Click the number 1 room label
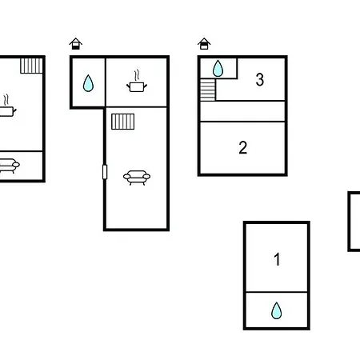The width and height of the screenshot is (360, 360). tap(277, 259)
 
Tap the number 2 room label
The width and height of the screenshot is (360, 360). tap(243, 147)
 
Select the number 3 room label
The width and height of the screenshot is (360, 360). tap(260, 79)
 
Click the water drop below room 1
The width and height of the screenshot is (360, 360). tap(277, 310)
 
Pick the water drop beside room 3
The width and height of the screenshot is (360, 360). tap(218, 69)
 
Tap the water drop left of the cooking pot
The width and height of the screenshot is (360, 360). tap(88, 83)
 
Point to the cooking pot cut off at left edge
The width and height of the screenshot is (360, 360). tap(6, 111)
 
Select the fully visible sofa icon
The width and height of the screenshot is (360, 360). tap(137, 178)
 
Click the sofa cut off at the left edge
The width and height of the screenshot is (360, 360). tap(9, 166)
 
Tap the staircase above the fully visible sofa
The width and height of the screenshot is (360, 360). tap(123, 122)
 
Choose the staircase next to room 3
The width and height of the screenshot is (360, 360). tap(208, 90)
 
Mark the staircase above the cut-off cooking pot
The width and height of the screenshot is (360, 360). tap(31, 66)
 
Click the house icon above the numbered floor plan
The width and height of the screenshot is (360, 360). tap(204, 44)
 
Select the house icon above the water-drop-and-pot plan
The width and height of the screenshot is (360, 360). tap(76, 44)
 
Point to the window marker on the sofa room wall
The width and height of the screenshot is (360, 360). tap(105, 172)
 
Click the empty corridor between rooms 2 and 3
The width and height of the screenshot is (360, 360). tap(242, 111)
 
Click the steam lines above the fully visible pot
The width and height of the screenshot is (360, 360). tap(137, 75)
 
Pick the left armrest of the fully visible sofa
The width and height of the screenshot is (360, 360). tap(127, 176)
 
